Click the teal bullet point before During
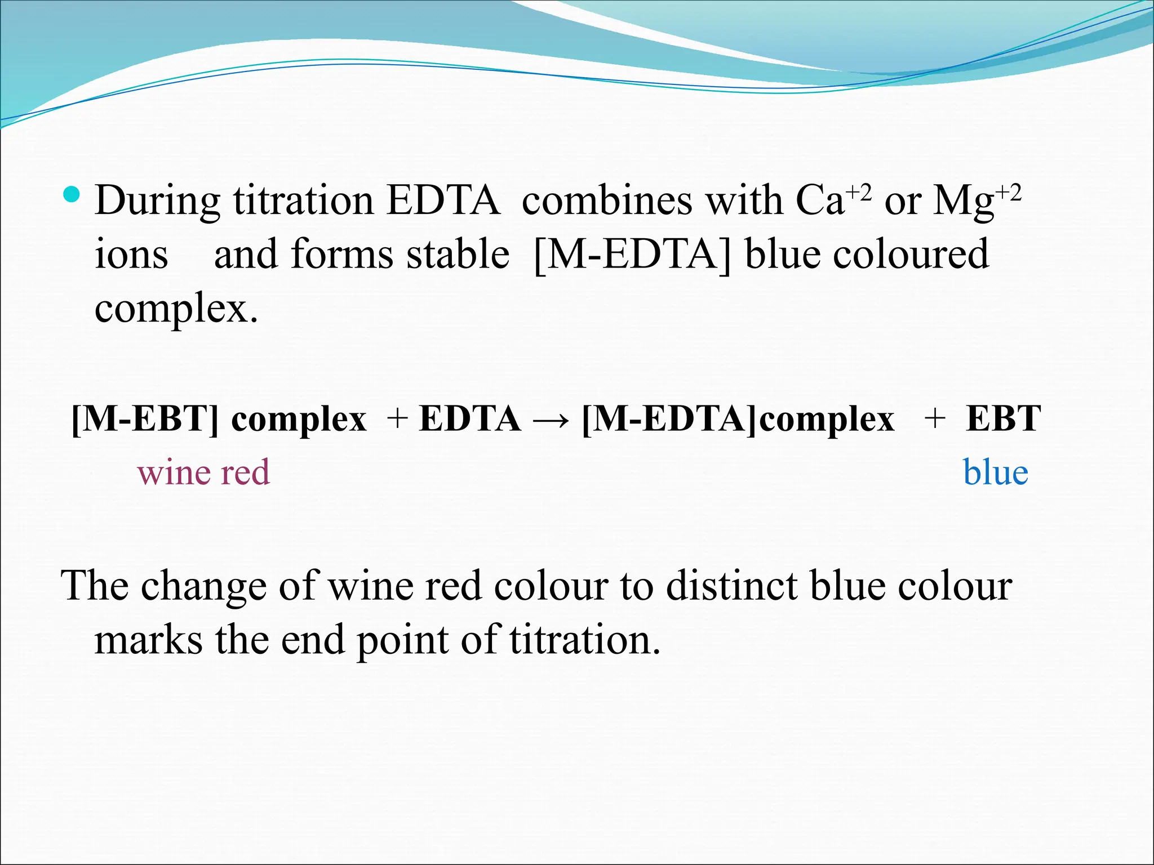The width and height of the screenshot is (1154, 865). pos(72,195)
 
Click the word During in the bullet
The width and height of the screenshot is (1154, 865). pos(157,201)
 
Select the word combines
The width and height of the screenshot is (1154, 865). pos(606,201)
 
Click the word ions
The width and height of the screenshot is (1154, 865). pos(131,255)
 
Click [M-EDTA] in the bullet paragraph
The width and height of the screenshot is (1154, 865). pos(631,255)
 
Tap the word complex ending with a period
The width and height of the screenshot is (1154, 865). pos(176,309)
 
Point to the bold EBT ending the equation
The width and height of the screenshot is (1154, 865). pos(1004,419)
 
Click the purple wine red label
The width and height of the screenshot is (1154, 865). pos(204,472)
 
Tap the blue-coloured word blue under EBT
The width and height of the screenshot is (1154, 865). pos(996,472)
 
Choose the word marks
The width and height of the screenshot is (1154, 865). pos(148,640)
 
